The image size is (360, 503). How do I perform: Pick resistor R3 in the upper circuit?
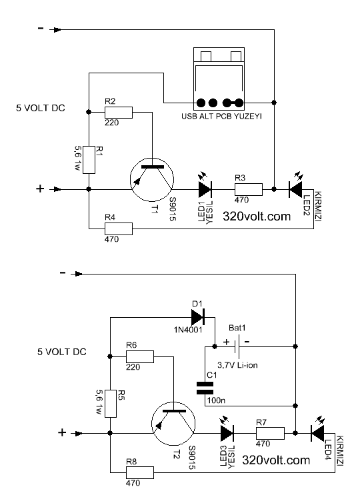point(247,189)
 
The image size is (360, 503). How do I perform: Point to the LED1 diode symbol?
point(204,189)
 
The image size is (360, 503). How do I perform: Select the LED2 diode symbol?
point(297,189)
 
